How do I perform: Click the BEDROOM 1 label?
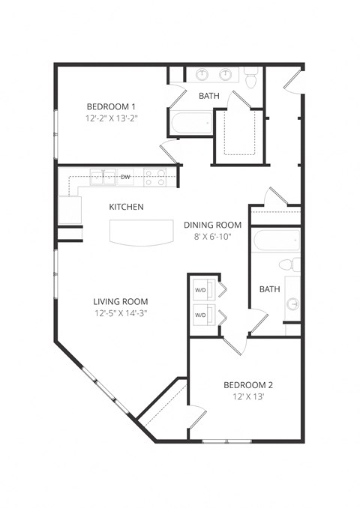point(110,106)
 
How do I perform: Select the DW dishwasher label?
point(125,177)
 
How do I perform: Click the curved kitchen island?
point(139,232)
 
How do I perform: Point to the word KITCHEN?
point(126,207)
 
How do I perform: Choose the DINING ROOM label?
point(212,225)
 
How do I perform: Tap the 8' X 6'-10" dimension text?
point(212,237)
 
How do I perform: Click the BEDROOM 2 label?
point(248,385)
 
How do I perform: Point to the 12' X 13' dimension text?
point(248,397)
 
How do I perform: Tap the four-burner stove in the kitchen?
point(154,178)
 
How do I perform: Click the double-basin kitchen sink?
point(102,177)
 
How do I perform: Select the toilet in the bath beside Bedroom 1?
point(250,77)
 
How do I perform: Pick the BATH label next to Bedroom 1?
point(209,96)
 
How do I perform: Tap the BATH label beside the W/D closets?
point(269,289)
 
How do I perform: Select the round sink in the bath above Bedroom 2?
point(292,304)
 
